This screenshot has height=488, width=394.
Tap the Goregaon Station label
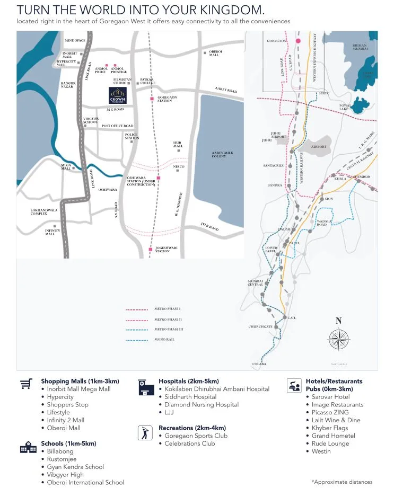tap(168, 99)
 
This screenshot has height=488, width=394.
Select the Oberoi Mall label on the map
tap(214, 54)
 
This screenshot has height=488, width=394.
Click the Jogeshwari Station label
tap(163, 249)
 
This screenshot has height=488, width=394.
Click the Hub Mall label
tap(178, 145)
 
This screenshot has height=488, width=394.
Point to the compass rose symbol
tap(338, 339)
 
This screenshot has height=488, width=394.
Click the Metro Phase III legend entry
tap(168, 329)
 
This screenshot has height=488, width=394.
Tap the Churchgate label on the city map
tap(260, 327)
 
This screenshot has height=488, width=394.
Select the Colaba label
tap(259, 364)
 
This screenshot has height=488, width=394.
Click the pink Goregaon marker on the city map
tap(298, 40)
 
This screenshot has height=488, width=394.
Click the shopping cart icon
tap(25, 384)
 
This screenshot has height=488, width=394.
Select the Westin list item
tap(321, 451)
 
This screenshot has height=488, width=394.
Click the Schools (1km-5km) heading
tap(68, 443)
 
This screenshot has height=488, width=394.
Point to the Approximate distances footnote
tap(342, 482)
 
